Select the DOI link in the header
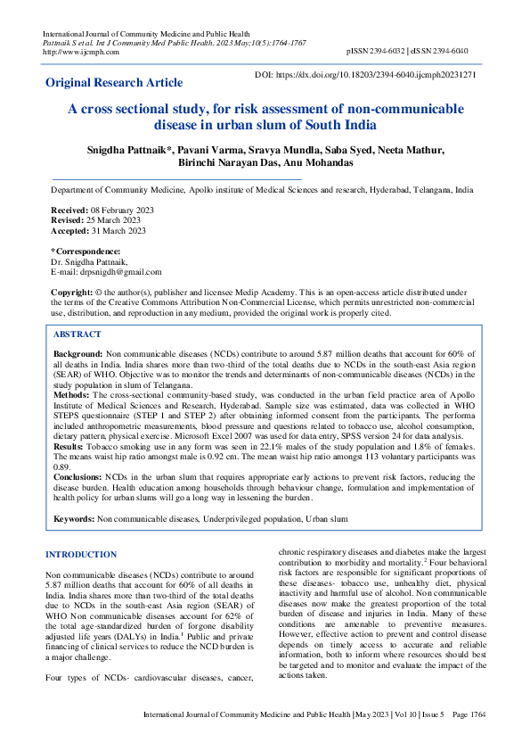click(x=382, y=76)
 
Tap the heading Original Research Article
click(x=114, y=83)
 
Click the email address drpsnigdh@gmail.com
click(x=120, y=272)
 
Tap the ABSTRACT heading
click(x=77, y=334)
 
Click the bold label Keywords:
click(x=74, y=518)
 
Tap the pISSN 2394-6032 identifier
click(x=380, y=52)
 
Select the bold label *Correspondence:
click(x=86, y=252)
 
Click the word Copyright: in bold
click(x=72, y=293)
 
